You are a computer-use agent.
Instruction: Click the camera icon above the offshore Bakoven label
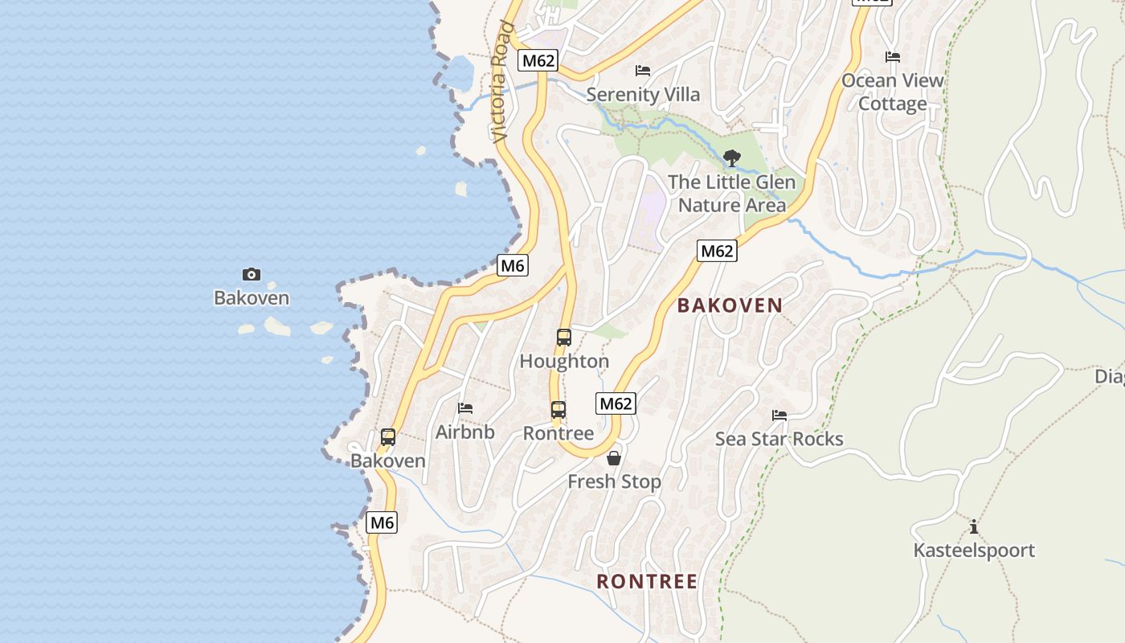pos(252,275)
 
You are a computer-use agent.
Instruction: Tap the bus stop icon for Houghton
pos(564,338)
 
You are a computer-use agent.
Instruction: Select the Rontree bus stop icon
pos(558,410)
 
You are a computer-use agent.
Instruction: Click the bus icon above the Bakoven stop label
pos(388,437)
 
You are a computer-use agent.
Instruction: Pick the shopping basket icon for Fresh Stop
pos(614,458)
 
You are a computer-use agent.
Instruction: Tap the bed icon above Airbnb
pos(465,408)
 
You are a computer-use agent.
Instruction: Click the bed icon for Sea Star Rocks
pos(779,416)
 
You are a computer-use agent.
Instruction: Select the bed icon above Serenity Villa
pos(643,71)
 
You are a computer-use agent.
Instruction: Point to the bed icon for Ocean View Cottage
pos(893,57)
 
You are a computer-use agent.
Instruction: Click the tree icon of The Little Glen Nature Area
pos(731,158)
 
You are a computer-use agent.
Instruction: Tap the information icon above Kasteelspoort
pos(974,527)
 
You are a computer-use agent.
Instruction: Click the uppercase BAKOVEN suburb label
pos(730,305)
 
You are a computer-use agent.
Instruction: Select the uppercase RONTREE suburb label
pos(647,581)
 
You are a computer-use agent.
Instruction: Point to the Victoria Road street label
pos(501,82)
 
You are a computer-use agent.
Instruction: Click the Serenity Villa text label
pos(643,95)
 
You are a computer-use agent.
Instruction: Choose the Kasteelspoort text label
pos(974,551)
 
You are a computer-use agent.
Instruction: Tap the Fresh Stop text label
pos(614,481)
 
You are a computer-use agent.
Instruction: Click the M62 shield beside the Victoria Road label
pos(538,60)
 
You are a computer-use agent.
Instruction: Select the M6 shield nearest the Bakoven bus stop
pos(382,522)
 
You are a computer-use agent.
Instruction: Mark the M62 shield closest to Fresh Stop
pos(616,403)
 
